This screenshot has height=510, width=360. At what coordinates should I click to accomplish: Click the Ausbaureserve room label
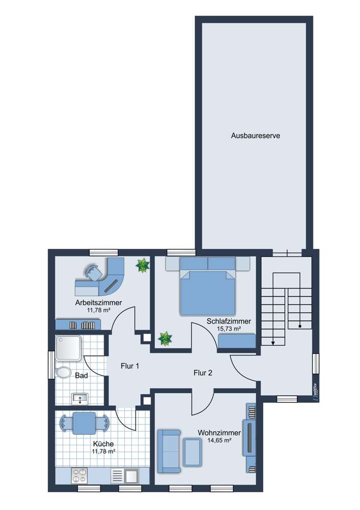click(x=255, y=136)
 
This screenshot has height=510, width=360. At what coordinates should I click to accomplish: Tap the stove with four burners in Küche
click(x=80, y=475)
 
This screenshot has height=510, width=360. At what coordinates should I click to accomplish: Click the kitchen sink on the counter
click(x=131, y=475)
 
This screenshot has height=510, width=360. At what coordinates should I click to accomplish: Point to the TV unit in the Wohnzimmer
click(x=249, y=437)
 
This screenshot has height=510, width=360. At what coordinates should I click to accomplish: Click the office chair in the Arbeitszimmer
click(x=94, y=273)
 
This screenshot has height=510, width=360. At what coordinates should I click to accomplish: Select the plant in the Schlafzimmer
click(x=165, y=338)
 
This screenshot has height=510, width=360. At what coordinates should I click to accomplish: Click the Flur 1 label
click(x=130, y=366)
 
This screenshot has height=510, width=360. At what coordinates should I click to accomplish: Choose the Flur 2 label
click(x=202, y=373)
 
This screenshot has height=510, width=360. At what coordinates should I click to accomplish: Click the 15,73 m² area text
click(x=228, y=329)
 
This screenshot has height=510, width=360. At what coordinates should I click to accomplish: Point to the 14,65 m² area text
click(x=219, y=441)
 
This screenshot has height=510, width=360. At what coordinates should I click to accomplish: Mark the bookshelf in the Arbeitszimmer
click(x=79, y=324)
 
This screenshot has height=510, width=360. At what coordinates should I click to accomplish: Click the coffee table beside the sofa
click(x=192, y=451)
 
